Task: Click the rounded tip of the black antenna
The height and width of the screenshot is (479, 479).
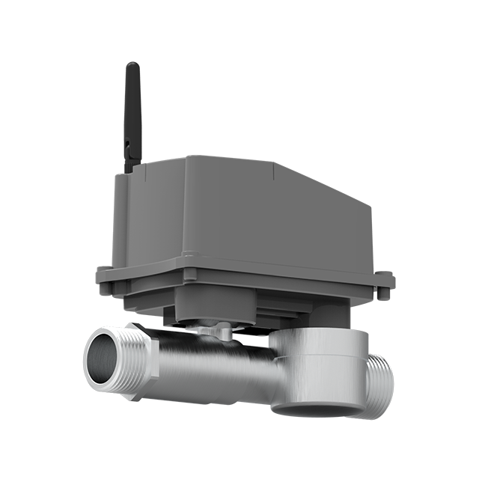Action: (x=132, y=67)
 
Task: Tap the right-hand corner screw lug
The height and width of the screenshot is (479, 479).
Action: (x=386, y=283)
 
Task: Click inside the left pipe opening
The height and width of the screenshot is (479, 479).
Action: (x=100, y=357)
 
